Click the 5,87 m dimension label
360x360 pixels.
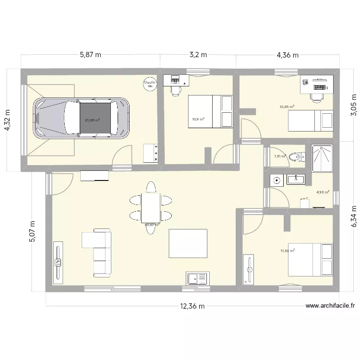[90, 55]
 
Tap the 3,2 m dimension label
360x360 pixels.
[198, 55]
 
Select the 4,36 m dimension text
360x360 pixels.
[287, 55]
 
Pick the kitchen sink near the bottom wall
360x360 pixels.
[197, 278]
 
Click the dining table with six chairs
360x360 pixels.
[151, 207]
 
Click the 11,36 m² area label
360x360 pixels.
[288, 250]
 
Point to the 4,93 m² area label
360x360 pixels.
[322, 192]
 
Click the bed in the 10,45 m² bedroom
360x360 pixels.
[310, 120]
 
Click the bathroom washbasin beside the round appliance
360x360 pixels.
[296, 180]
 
